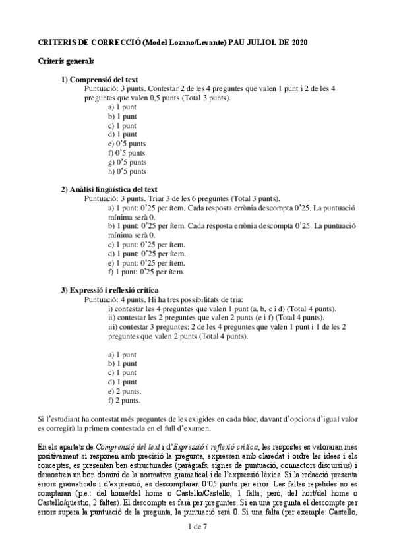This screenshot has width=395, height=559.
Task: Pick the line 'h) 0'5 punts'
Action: pos(127,171)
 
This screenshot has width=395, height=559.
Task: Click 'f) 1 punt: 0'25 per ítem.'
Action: pos(146,272)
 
